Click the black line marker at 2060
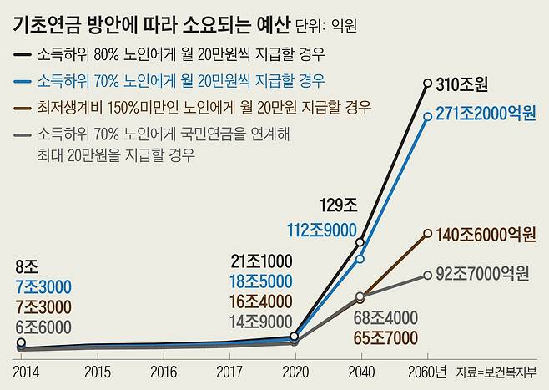coord(428,82)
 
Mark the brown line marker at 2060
coord(428,234)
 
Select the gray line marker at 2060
coord(428,275)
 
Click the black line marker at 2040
coord(360,242)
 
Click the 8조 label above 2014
coord(26,268)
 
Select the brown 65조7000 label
coord(362,338)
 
